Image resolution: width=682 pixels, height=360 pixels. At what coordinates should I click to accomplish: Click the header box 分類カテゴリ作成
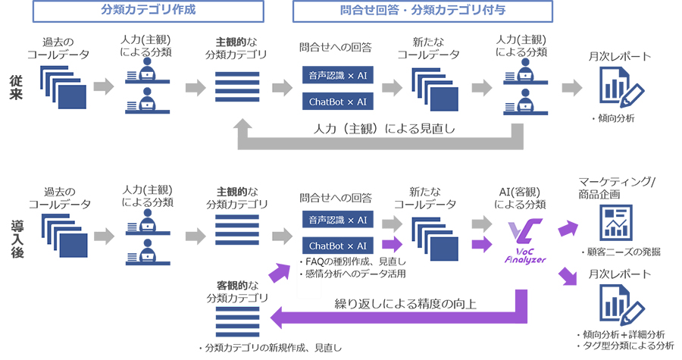click(x=147, y=11)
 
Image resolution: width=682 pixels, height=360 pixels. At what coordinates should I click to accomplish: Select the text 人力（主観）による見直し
click(x=385, y=129)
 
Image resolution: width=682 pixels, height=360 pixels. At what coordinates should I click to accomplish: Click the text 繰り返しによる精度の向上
click(x=400, y=305)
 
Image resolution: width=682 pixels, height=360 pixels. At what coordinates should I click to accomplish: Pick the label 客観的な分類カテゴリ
click(x=237, y=291)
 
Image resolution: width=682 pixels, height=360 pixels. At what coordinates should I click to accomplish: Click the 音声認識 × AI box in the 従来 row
click(x=337, y=76)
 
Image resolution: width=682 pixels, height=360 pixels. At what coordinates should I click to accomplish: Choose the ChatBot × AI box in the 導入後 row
click(x=337, y=246)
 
